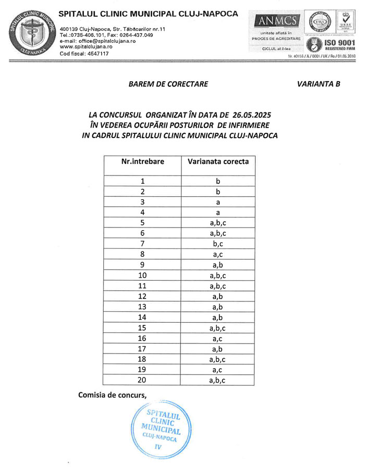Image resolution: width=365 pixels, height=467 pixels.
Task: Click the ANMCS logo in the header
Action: (275, 21)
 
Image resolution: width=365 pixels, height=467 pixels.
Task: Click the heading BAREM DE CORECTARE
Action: (168, 84)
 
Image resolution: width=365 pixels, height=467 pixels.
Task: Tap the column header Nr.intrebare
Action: (142, 161)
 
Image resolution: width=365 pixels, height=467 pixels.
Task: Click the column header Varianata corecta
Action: (218, 161)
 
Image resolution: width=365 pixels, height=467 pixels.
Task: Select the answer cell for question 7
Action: (218, 244)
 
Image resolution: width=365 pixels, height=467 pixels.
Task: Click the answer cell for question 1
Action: (218, 181)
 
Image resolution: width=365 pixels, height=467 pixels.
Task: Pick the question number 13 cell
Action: (142, 306)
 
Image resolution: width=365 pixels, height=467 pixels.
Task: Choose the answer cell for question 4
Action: (218, 212)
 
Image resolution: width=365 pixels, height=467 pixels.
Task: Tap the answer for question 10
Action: (218, 275)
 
